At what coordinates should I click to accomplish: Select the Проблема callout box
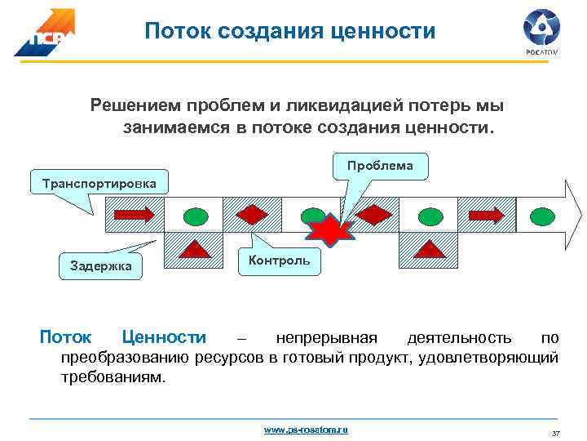point(379,166)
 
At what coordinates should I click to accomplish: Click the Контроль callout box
point(279,260)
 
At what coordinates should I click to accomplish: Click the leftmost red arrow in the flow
point(134,215)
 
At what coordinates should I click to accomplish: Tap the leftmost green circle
point(194,216)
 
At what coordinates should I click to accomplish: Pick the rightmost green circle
point(544,216)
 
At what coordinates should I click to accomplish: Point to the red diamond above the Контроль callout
point(253,215)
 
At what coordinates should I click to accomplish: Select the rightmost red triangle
point(428,248)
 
